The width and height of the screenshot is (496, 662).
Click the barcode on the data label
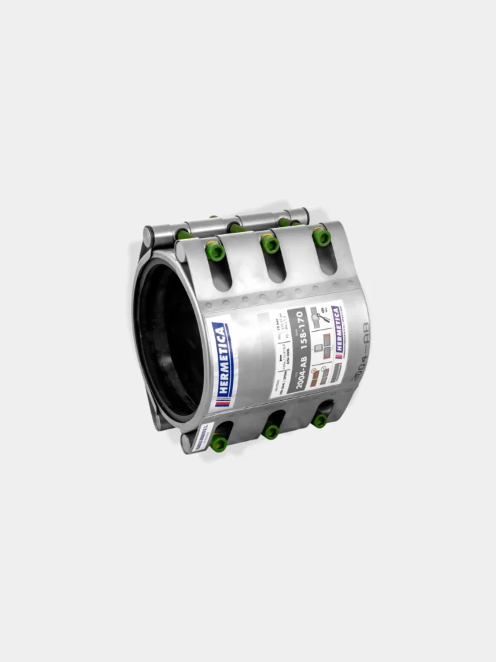pos(336,371)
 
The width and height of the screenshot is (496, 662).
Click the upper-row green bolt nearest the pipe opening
pos(215,251)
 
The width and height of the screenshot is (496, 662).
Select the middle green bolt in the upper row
pos(270,244)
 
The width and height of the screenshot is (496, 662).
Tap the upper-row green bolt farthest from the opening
pos(321,237)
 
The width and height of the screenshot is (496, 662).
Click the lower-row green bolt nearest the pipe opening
pos(219,443)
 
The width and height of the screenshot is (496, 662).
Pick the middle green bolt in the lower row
pos(271,431)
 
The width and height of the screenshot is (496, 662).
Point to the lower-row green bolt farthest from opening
pos(320,420)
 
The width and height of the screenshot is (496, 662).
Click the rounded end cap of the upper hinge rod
pos(147,237)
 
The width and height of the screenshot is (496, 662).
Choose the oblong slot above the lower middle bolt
pos(275,417)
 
